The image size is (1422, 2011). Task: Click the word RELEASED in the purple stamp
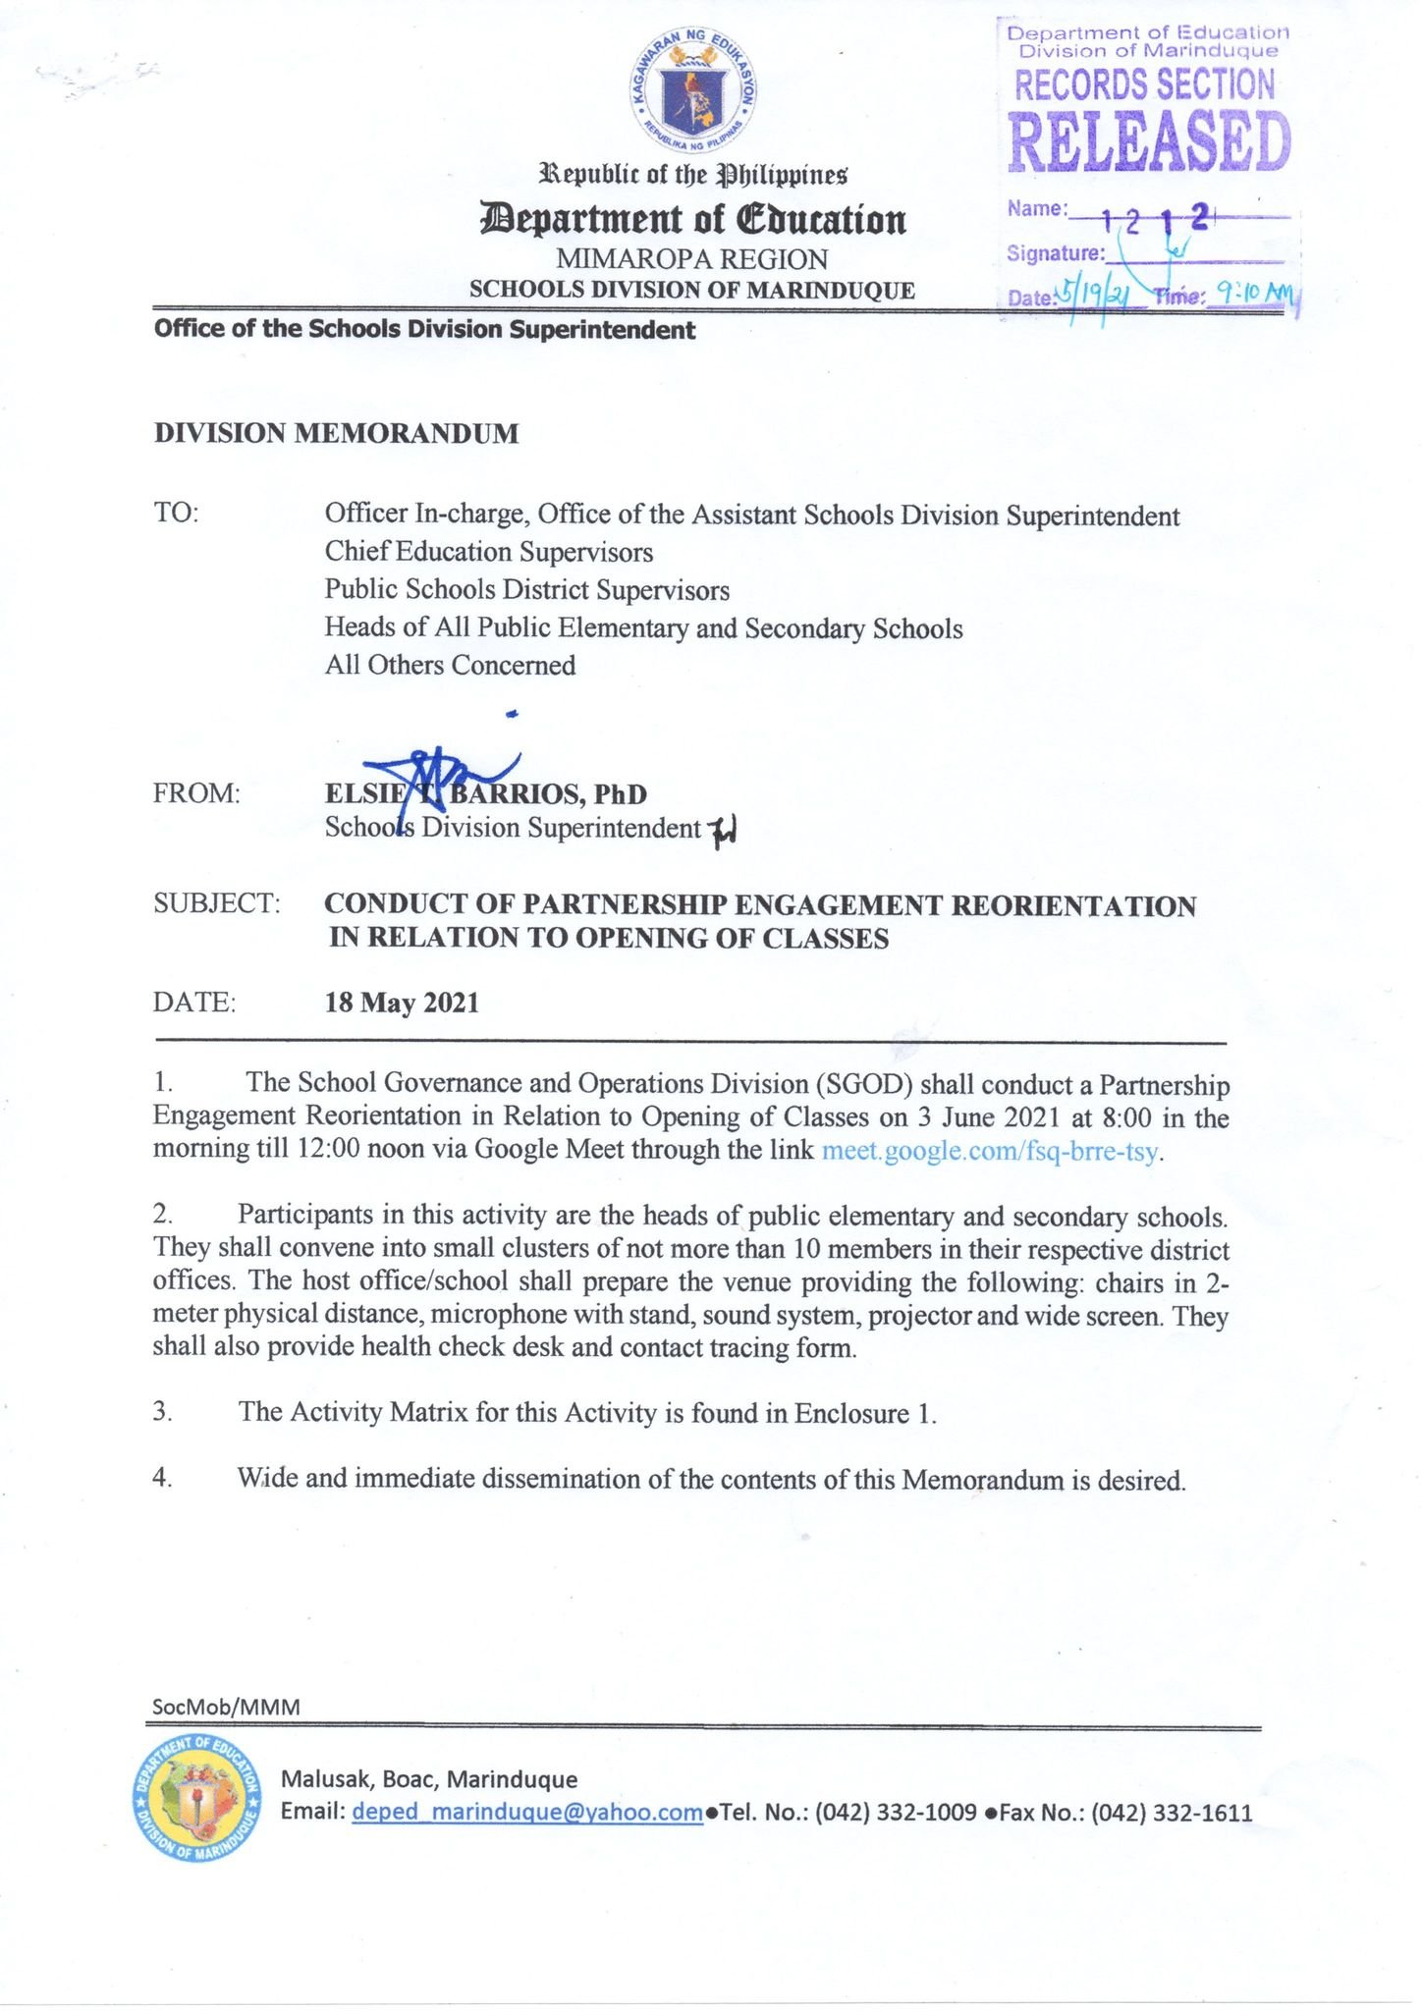(1149, 142)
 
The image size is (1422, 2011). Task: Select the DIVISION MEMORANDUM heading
(336, 433)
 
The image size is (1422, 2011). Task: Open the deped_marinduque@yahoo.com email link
(526, 1812)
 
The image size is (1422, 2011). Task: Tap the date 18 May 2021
(402, 1003)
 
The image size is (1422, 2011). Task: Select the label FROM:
(196, 793)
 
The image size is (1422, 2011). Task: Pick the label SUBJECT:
(217, 903)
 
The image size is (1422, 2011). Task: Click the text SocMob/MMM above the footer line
(226, 1707)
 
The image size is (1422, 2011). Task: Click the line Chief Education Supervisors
(488, 552)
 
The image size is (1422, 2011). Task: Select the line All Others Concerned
(450, 665)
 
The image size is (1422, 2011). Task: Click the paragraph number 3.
(163, 1412)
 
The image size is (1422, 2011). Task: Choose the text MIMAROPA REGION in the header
(691, 259)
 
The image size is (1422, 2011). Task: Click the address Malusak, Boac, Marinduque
(429, 1778)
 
